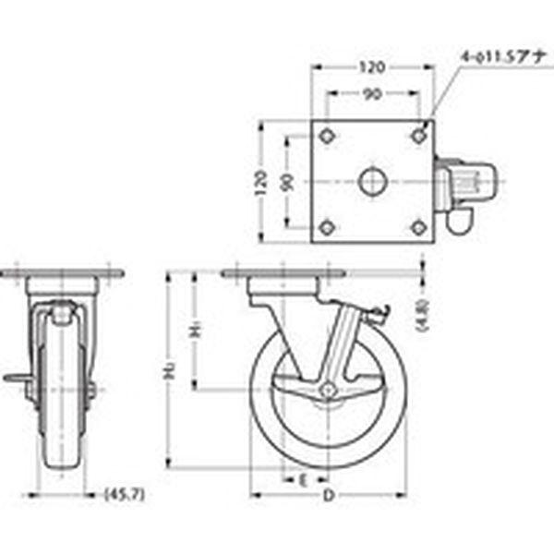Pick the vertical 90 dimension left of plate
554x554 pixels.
coord(286,181)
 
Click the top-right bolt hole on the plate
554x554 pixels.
coord(419,136)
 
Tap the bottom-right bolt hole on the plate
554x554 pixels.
coord(419,226)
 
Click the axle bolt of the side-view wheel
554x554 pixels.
coord(326,391)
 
